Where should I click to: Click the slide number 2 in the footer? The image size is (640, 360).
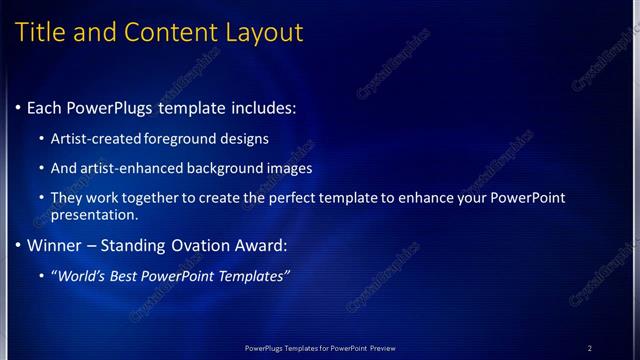click(589, 348)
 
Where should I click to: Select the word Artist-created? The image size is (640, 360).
click(97, 139)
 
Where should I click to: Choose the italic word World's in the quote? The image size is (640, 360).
click(82, 276)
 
